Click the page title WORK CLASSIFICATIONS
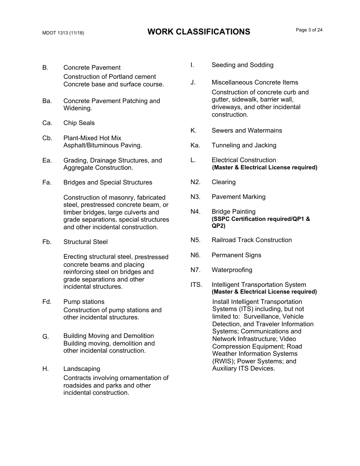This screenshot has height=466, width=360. pyautogui.click(x=199, y=32)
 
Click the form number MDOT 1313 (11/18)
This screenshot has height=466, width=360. pyautogui.click(x=63, y=33)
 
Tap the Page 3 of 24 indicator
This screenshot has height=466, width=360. pyautogui.click(x=309, y=30)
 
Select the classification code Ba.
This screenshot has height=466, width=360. pyautogui.click(x=47, y=101)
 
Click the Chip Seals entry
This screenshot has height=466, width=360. pyautogui.click(x=79, y=123)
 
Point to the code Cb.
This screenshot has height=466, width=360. pyautogui.click(x=47, y=138)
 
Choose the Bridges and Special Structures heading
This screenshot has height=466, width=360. pyautogui.click(x=108, y=183)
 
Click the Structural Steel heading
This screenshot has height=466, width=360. pyautogui.click(x=85, y=242)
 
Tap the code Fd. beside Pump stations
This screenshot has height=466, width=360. pyautogui.click(x=47, y=302)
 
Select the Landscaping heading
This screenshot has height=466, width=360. pyautogui.click(x=81, y=369)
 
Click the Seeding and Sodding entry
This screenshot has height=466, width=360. pyautogui.click(x=242, y=65)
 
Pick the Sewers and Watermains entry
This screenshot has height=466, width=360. pyautogui.click(x=247, y=131)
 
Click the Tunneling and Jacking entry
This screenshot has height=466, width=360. pyautogui.click(x=244, y=145)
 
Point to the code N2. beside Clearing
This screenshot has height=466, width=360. pyautogui.click(x=195, y=182)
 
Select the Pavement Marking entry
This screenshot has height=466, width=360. pyautogui.click(x=238, y=197)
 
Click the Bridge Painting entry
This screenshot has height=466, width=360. pyautogui.click(x=233, y=212)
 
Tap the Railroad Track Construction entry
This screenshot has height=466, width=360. pyautogui.click(x=252, y=240)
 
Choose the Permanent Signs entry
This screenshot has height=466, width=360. pyautogui.click(x=236, y=255)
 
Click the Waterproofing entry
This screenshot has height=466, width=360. pyautogui.click(x=232, y=270)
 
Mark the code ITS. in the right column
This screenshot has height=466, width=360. pyautogui.click(x=196, y=285)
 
